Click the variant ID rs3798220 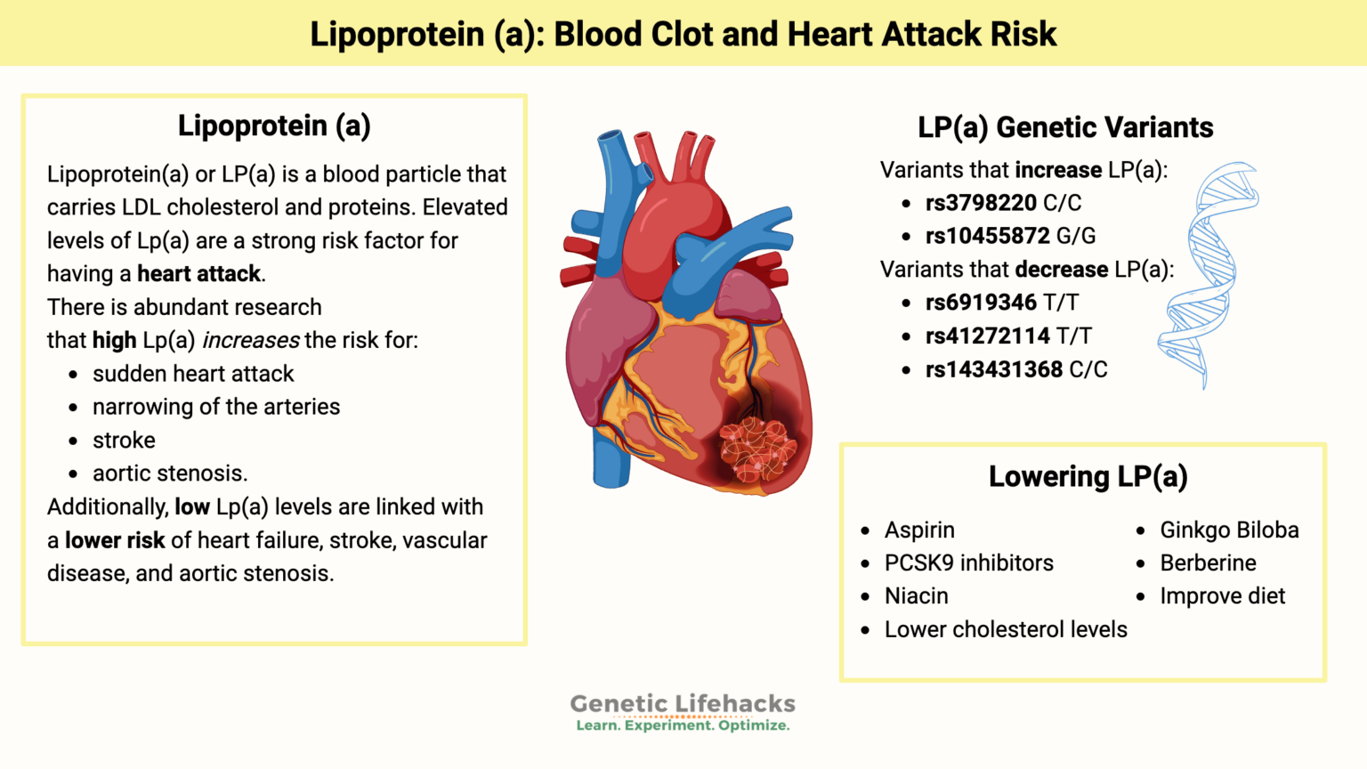pos(981,203)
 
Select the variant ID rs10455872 pos(987,236)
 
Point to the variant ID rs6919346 pos(981,303)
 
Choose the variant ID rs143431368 pos(993,369)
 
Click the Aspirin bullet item pos(919,530)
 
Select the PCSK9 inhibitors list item pos(968,563)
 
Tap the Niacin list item pos(916,596)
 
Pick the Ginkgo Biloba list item pos(1229,530)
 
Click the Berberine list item pos(1208,563)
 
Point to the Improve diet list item pos(1222,596)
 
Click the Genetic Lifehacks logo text pos(683,704)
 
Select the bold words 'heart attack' pos(198,274)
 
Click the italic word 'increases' pos(251,341)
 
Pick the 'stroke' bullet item pos(124,441)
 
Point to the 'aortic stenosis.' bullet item pos(170,474)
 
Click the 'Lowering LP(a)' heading pos(1088,477)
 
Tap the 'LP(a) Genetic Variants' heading pos(1065,127)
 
